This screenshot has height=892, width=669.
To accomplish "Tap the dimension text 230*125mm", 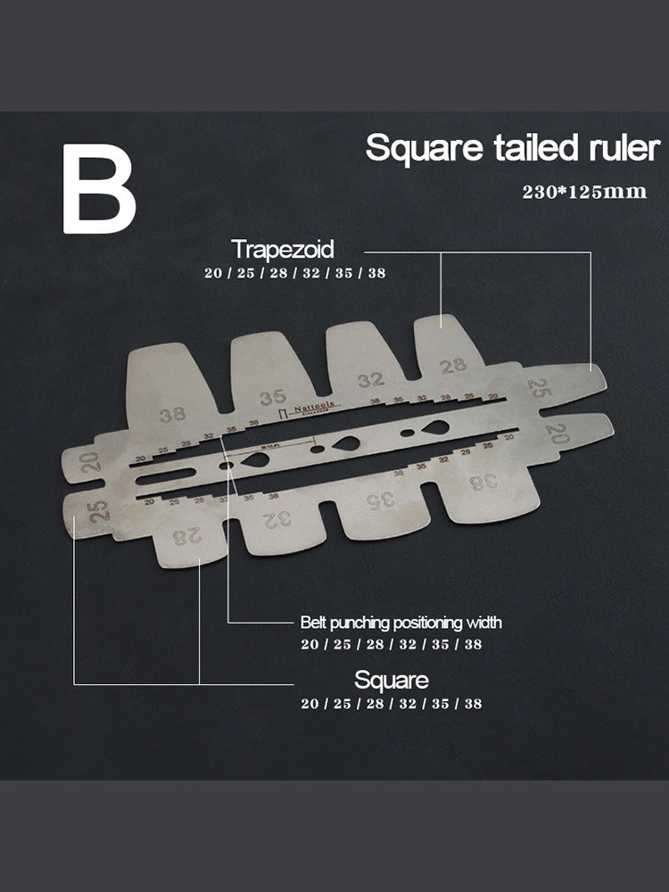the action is [584, 192].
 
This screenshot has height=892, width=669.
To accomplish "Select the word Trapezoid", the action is [282, 249].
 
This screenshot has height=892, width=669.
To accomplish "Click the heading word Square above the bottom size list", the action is [392, 680].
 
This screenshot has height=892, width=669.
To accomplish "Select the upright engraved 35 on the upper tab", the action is [272, 398].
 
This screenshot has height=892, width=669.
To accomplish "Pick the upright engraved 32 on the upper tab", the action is [370, 380].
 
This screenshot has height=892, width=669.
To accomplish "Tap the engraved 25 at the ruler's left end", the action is [98, 510].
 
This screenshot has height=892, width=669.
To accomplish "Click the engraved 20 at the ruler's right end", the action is [557, 434].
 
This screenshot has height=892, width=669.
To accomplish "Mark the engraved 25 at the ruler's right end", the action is [539, 387].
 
